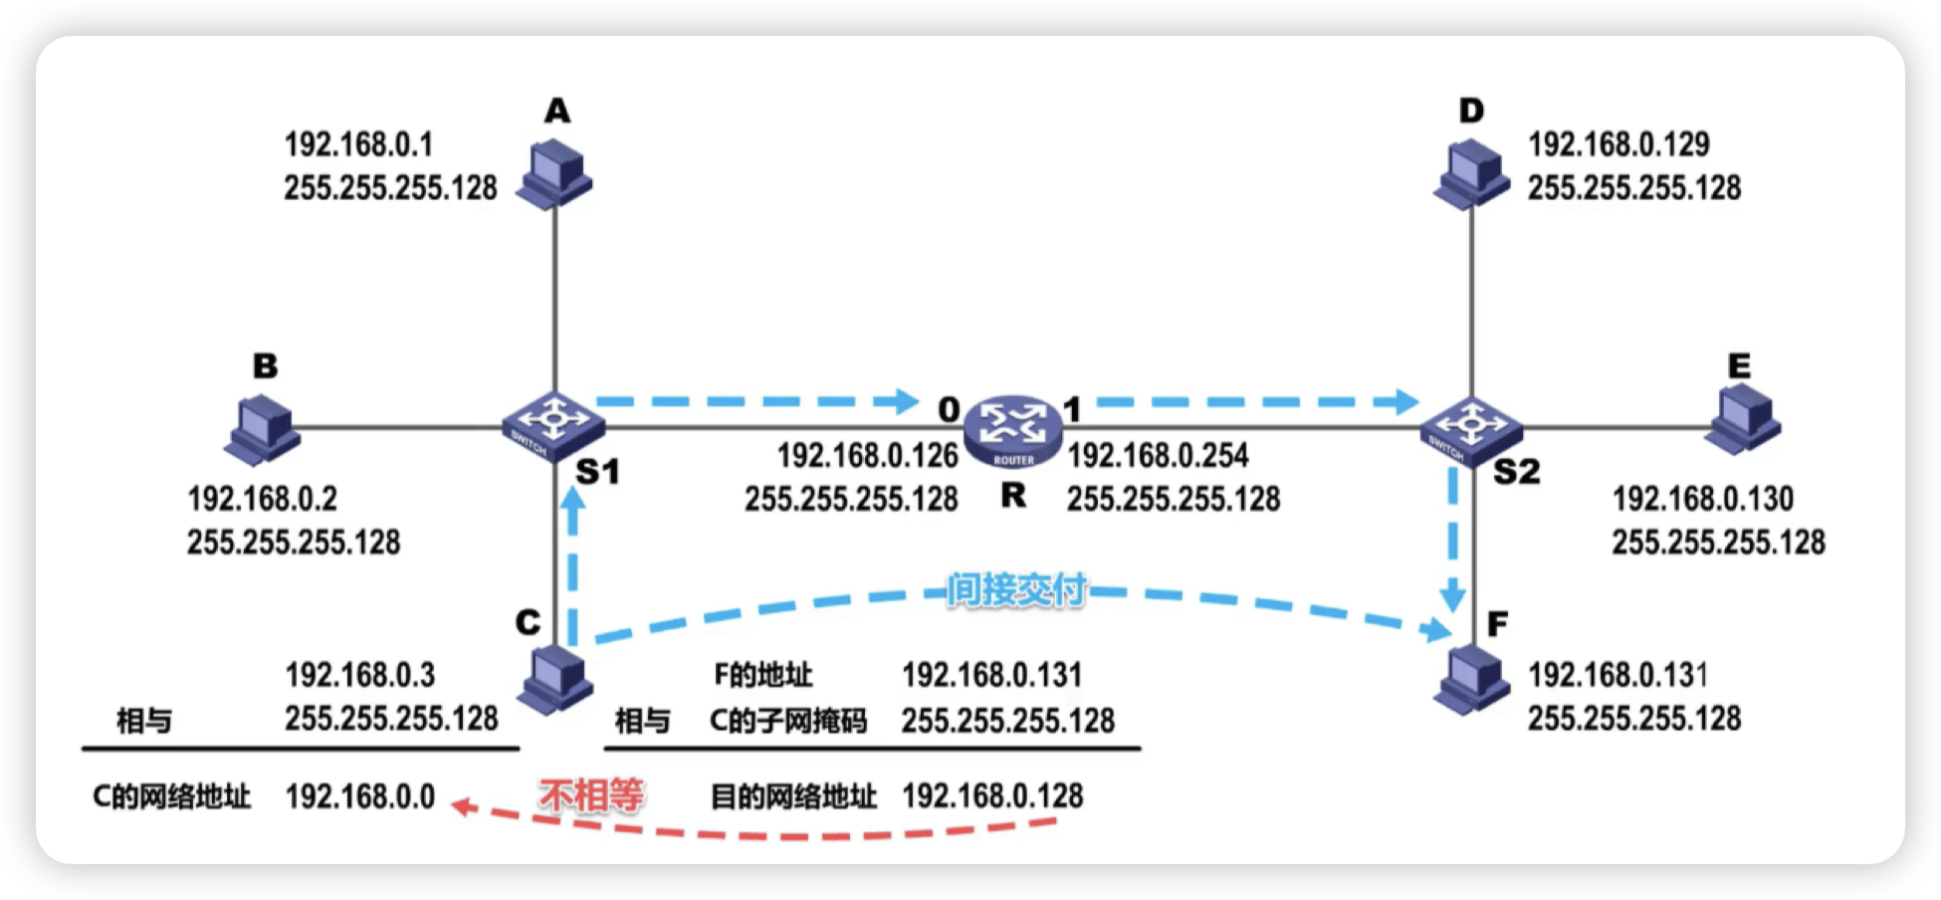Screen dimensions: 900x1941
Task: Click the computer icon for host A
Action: [554, 174]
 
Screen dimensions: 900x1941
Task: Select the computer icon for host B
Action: [263, 429]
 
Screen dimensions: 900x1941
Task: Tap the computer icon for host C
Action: [555, 679]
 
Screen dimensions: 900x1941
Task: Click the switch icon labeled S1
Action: [552, 425]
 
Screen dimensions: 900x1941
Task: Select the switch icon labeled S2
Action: [1471, 426]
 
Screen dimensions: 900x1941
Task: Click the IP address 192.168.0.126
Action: [867, 456]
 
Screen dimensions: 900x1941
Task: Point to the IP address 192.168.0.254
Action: [1158, 456]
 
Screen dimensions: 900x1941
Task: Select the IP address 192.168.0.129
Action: [1618, 144]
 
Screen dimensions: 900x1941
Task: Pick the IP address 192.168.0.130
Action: [1702, 498]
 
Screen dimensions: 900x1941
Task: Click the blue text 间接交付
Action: [1015, 589]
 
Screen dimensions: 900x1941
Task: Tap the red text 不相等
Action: [591, 795]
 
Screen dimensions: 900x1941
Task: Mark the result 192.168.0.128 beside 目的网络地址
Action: [992, 795]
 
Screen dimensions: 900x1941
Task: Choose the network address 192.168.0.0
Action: [360, 796]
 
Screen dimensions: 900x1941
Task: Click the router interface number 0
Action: [949, 409]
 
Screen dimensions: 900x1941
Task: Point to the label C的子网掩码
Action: [787, 720]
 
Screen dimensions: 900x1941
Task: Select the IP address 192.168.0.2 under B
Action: [263, 498]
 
